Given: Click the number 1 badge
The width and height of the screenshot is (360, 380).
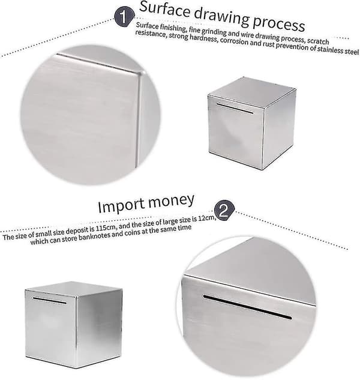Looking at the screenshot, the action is (124, 17).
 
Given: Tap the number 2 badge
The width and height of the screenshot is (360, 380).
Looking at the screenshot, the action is (224, 210).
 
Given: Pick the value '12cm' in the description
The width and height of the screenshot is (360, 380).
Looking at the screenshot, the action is (206, 219).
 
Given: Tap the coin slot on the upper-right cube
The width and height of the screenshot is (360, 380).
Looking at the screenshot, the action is (235, 108).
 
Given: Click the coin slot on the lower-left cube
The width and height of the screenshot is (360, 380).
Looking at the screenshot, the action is (50, 300).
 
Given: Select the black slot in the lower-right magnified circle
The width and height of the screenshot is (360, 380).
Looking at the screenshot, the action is (247, 307).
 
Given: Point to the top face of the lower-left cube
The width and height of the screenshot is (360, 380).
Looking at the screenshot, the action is (73, 289).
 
